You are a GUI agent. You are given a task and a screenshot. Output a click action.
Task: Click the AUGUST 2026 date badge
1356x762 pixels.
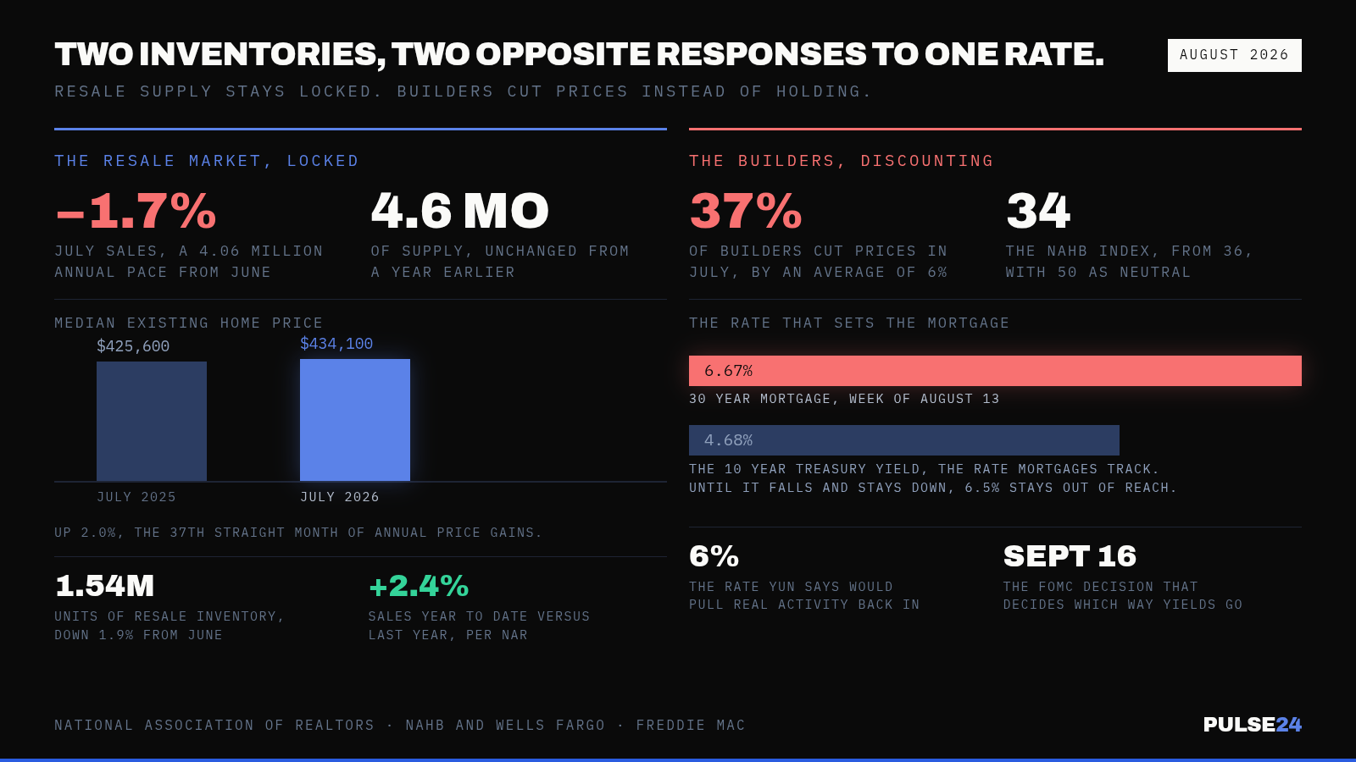1234,55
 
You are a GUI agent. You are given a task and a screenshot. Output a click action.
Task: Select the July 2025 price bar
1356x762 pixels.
152,422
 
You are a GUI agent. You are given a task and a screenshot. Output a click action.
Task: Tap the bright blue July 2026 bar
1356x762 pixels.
355,420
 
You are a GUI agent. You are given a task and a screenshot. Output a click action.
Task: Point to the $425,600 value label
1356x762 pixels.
133,346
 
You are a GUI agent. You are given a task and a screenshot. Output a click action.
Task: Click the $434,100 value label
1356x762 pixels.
336,344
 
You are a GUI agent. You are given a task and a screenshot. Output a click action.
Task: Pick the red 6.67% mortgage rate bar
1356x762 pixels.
995,371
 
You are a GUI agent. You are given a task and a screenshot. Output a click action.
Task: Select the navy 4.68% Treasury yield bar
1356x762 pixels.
903,440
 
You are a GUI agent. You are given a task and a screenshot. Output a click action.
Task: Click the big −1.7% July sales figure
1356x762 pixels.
136,211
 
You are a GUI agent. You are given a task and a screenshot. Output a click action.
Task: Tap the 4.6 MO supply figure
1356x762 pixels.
459,211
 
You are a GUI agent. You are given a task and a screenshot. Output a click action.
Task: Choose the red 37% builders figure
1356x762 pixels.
745,211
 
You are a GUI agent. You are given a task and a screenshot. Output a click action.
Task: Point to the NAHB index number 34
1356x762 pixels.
1037,211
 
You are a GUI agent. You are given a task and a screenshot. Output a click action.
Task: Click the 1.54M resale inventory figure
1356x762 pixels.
104,585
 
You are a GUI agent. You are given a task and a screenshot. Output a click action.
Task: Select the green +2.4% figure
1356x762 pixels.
419,585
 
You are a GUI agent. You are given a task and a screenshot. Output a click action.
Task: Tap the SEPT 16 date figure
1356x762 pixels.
1070,555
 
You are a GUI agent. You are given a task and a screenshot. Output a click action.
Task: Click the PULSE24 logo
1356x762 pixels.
1252,725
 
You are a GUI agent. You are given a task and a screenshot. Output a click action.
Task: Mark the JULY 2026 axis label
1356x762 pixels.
340,497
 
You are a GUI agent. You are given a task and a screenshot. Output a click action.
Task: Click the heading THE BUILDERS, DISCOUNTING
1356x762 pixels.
841,161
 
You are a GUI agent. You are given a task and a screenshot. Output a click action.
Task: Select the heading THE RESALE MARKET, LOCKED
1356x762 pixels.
207,161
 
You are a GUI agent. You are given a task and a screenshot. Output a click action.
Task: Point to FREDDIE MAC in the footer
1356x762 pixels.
691,725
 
